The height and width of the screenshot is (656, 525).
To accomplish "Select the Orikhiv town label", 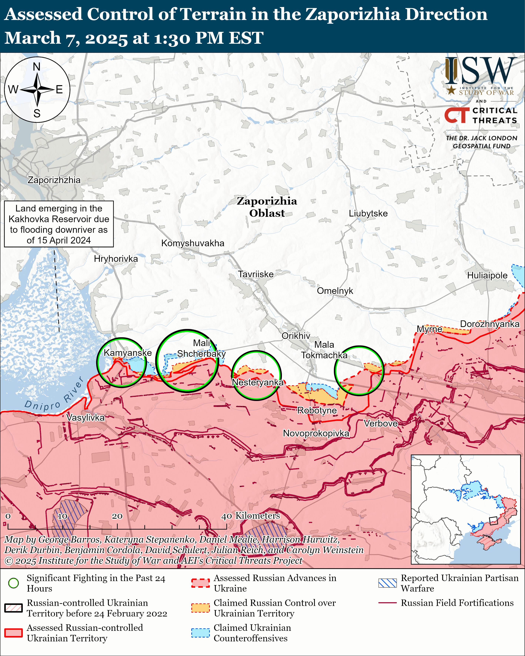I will click(x=296, y=336).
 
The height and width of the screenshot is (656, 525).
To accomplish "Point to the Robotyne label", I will click(x=317, y=410).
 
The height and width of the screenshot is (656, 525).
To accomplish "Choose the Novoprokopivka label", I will click(x=316, y=433).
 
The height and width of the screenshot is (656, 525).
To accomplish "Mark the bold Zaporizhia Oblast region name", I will click(x=267, y=207).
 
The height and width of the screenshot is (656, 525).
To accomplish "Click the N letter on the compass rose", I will click(x=36, y=67).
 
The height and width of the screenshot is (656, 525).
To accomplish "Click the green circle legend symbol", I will click(x=14, y=583).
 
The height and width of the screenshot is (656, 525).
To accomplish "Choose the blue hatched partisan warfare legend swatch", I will click(x=387, y=583).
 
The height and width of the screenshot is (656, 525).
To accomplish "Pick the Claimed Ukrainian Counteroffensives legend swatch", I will click(x=200, y=632).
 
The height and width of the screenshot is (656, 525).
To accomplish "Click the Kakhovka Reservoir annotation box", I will click(x=59, y=224).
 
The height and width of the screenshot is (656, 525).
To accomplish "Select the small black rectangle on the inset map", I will click(x=493, y=521).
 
